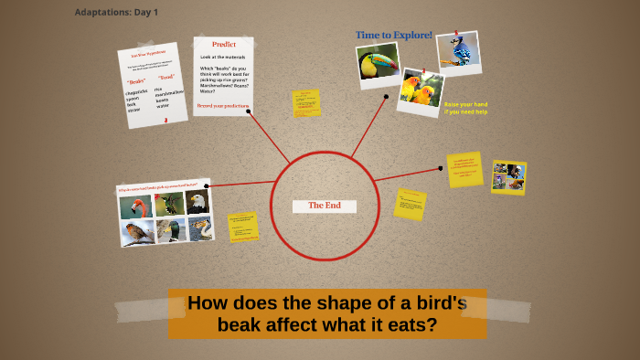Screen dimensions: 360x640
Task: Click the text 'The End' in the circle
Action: click(x=324, y=206)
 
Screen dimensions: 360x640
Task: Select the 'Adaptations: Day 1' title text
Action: click(x=116, y=12)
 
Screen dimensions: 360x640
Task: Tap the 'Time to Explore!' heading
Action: click(x=394, y=35)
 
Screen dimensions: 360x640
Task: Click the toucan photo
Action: click(x=379, y=62)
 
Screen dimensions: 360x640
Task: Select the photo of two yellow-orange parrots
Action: click(x=421, y=90)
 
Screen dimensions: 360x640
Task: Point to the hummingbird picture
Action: click(x=168, y=204)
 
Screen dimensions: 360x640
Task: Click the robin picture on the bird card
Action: click(x=139, y=233)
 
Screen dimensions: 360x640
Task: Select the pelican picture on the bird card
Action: click(x=200, y=227)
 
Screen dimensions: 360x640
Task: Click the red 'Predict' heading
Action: click(x=223, y=44)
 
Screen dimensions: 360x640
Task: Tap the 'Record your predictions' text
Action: click(x=223, y=106)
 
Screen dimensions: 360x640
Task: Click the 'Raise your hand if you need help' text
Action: click(x=466, y=108)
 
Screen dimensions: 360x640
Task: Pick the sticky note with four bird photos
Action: click(x=508, y=176)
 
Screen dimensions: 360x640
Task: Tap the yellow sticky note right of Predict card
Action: click(x=305, y=103)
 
